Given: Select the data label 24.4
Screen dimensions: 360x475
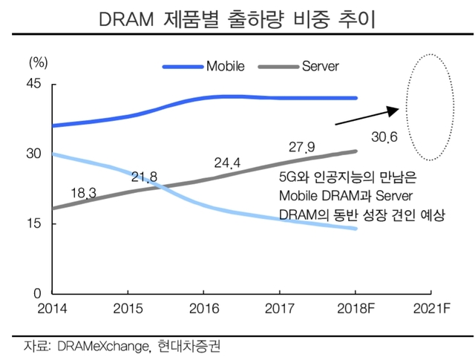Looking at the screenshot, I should pyautogui.click(x=227, y=162).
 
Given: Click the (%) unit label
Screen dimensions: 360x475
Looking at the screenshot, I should pyautogui.click(x=38, y=62).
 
